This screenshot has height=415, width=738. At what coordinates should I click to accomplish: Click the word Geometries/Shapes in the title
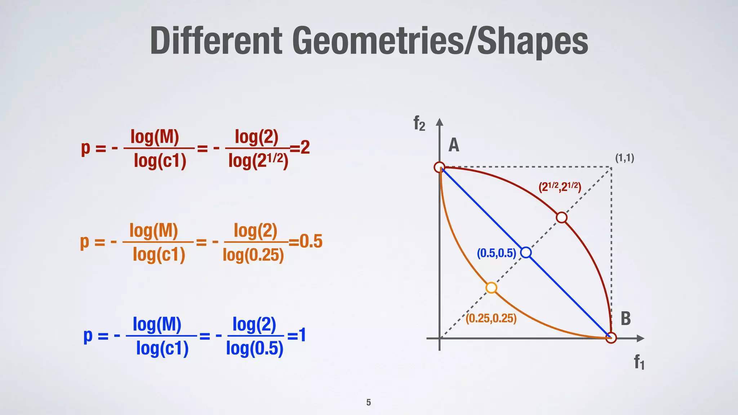coord(440,41)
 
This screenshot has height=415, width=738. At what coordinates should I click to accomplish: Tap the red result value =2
coord(300,147)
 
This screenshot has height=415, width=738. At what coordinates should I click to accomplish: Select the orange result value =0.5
coord(306,241)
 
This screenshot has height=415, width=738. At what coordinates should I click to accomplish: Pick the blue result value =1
coord(297,335)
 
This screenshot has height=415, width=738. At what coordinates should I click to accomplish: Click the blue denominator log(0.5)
coord(255,348)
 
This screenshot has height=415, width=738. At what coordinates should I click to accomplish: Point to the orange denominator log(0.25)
coord(253,255)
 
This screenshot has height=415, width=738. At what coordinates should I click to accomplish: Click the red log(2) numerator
coord(257,137)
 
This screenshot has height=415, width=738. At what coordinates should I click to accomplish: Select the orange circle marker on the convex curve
coord(492,288)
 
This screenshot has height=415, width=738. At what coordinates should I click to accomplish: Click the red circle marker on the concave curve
coord(561,218)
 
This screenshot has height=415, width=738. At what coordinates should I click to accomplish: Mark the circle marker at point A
coord(440,167)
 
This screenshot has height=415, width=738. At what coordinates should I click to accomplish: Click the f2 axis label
coord(419,124)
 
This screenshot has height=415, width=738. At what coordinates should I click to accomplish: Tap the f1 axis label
coord(639,362)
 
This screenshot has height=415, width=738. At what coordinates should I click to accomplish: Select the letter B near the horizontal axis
coord(626,318)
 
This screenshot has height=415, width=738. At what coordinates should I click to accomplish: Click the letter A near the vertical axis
coord(454,145)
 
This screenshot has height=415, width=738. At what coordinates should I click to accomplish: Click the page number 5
coord(369,402)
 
